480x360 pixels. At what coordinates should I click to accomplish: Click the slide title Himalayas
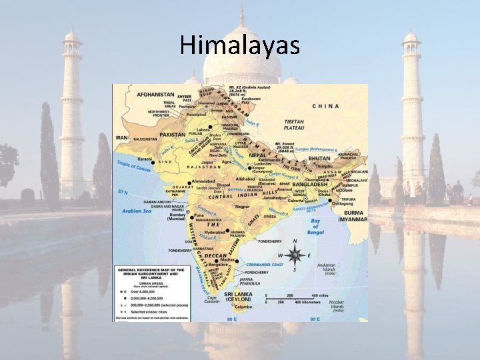[240, 45]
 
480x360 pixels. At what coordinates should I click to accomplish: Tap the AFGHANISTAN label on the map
[156, 95]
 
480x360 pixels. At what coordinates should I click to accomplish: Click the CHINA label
[325, 106]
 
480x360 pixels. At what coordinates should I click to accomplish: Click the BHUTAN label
[319, 159]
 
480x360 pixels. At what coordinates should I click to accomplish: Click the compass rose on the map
[295, 255]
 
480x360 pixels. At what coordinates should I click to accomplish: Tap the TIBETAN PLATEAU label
[293, 125]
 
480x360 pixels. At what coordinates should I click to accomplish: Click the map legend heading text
[148, 273]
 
